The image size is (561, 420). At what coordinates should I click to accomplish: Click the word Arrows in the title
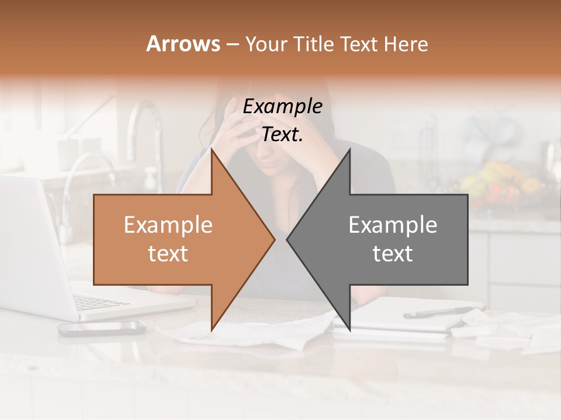point(183,44)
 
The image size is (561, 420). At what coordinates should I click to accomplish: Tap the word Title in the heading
point(313,44)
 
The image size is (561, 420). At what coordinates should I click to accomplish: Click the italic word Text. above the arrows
point(282,134)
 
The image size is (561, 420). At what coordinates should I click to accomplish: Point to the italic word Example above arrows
point(282,107)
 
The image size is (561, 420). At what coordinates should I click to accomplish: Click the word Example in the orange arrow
point(168,225)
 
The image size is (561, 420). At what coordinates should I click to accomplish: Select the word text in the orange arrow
point(168,254)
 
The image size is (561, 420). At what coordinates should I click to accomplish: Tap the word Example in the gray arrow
point(393,225)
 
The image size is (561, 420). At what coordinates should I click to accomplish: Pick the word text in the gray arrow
point(393,254)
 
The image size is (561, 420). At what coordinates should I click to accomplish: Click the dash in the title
point(232,44)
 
